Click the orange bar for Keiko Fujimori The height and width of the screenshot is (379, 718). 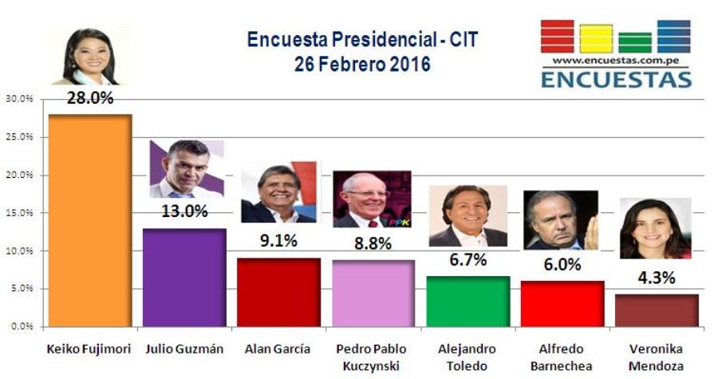90,221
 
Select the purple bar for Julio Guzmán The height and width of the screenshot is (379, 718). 184,278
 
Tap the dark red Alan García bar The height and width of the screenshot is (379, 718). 279,293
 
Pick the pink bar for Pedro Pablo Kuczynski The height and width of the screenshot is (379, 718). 373,294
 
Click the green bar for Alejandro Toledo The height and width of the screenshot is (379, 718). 468,302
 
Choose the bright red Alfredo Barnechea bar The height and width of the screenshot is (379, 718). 562,304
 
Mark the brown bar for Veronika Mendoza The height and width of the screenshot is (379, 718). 657,310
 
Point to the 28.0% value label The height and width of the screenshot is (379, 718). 90,98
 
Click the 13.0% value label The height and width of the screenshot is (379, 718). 184,211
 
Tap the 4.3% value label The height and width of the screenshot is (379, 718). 657,278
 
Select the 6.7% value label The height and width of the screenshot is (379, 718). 468,260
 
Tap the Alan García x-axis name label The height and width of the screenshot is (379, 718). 278,349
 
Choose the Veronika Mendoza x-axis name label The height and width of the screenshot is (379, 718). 657,357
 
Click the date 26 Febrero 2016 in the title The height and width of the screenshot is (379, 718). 362,64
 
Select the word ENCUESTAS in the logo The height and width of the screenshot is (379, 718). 617,79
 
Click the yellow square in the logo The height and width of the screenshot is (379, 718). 596,38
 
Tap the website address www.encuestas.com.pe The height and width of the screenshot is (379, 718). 616,61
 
